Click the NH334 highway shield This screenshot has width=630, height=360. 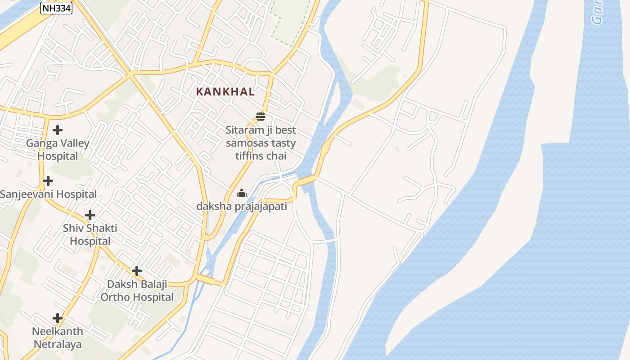[56, 8]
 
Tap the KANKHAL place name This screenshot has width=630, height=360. [225, 92]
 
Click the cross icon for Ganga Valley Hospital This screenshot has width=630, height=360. [58, 130]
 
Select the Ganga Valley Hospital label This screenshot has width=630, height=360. [58, 150]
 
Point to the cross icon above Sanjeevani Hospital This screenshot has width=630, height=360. [48, 181]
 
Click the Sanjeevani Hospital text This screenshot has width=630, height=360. [48, 194]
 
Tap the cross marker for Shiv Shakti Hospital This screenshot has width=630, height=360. [90, 215]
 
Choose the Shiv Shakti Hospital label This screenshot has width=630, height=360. [90, 234]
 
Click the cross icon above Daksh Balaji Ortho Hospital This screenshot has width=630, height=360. [137, 271]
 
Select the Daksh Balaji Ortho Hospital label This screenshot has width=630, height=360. [137, 291]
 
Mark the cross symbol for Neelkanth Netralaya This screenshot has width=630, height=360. [58, 318]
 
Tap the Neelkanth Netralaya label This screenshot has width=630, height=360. [58, 338]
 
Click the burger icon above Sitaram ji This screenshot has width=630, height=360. [261, 117]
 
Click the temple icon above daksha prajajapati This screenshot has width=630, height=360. [242, 193]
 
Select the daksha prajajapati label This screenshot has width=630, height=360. [242, 207]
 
